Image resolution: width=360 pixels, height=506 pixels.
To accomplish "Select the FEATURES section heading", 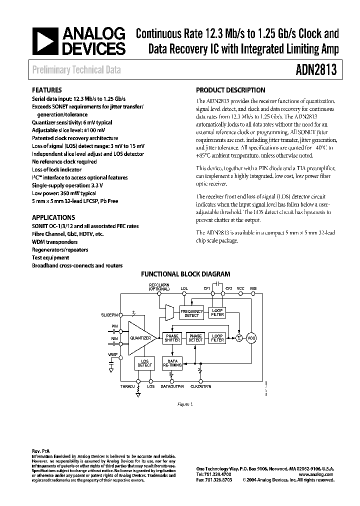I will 47,90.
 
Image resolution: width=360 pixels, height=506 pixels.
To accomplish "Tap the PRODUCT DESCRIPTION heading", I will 230,90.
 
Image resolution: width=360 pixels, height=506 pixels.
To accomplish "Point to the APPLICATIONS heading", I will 53,217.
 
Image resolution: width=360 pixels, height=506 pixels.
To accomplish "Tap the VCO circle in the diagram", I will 251,338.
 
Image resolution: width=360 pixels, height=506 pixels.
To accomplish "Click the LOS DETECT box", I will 145,363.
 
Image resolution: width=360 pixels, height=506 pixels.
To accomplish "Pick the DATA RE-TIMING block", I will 172,363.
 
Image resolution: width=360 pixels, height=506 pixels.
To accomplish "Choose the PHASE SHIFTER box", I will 172,338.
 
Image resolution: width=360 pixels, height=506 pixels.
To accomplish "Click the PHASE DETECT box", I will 195,338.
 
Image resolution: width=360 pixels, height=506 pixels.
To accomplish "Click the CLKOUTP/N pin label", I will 201,386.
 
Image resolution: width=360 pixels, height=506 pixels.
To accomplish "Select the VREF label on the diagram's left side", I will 112,354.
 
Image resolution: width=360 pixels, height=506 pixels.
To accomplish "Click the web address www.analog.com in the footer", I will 319,474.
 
